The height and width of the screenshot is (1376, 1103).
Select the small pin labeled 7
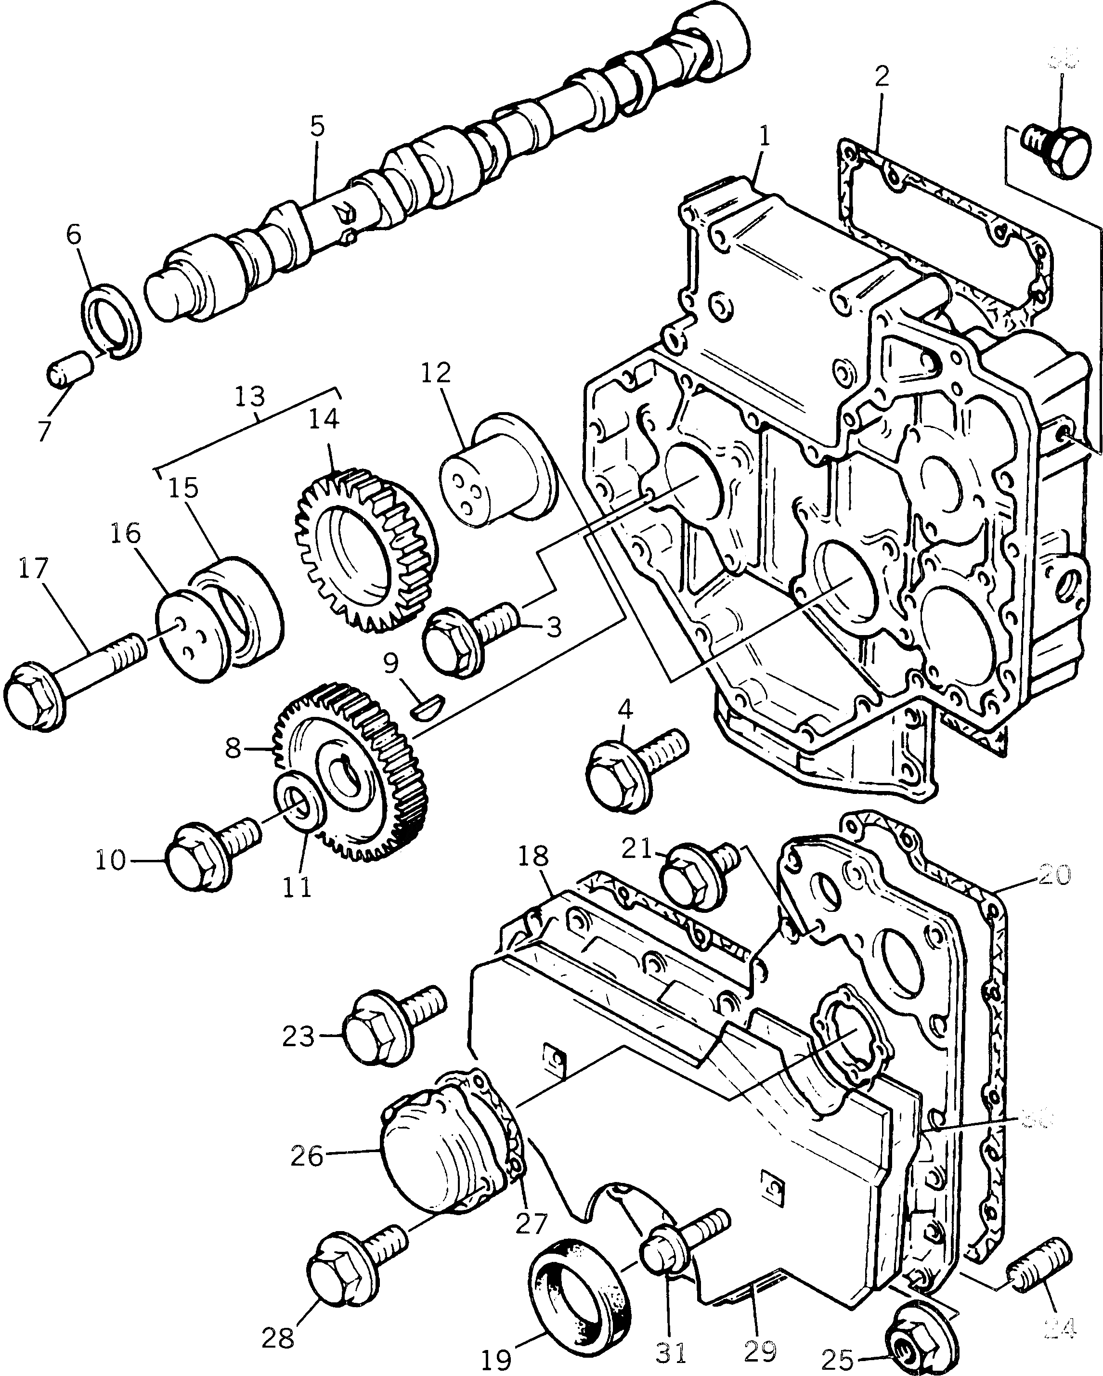tap(70, 368)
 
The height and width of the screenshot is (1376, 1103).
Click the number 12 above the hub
tap(436, 372)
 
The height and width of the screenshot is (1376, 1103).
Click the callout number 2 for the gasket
tap(882, 76)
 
